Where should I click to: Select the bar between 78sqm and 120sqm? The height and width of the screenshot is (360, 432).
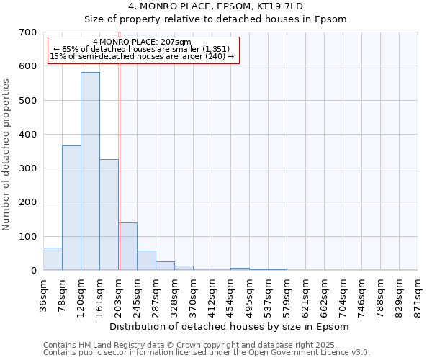[x=71, y=208]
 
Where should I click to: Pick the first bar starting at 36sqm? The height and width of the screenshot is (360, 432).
[x=53, y=259]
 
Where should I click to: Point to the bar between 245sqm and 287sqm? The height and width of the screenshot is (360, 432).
[x=146, y=261]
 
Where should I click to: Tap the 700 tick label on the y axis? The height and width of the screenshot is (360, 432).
[x=28, y=32]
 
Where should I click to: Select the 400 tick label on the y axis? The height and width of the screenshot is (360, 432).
[x=28, y=135]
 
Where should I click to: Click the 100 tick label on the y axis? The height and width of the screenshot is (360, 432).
[x=28, y=237]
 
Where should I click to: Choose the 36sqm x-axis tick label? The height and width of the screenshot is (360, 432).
[x=44, y=295]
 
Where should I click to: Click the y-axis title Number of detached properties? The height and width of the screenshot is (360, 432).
[x=7, y=155]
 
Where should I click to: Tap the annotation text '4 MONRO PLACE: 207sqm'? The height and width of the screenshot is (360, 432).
[x=142, y=42]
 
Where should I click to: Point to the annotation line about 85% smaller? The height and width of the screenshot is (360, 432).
[x=142, y=49]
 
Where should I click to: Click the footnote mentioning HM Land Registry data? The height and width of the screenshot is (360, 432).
[x=206, y=345]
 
